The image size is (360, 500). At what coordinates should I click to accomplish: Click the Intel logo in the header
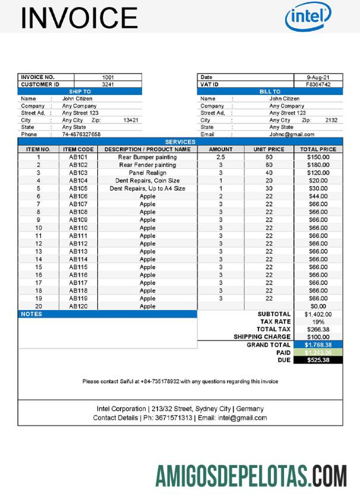tap(308, 17)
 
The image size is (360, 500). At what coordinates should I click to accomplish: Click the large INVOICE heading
tap(79, 18)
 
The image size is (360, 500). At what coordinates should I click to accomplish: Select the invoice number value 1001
tap(108, 77)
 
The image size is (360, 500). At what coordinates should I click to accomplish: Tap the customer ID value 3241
tap(108, 84)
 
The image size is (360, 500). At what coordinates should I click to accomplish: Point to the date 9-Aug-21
tap(318, 77)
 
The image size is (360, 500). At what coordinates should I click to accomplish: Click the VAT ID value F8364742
tap(318, 84)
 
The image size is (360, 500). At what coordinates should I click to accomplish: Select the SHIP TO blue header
tap(80, 91)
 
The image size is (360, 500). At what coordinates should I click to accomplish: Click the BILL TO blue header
tap(269, 91)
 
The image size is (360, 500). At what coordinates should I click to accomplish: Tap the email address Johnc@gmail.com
tap(291, 134)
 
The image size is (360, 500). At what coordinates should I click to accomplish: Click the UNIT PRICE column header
tap(269, 149)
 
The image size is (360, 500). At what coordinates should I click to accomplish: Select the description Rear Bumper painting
tap(147, 157)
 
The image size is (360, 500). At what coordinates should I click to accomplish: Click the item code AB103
tap(78, 173)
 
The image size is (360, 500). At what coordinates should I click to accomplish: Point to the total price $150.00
tap(318, 157)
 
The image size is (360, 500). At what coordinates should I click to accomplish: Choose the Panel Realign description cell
tap(147, 173)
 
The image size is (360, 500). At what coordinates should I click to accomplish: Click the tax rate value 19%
tap(318, 321)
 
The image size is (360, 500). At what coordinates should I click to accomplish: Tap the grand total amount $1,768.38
tap(318, 344)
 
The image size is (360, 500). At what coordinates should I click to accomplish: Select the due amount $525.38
tap(318, 360)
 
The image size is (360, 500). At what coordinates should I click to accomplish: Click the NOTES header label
tap(31, 314)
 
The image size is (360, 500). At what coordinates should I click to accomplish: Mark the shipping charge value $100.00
tap(318, 337)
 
